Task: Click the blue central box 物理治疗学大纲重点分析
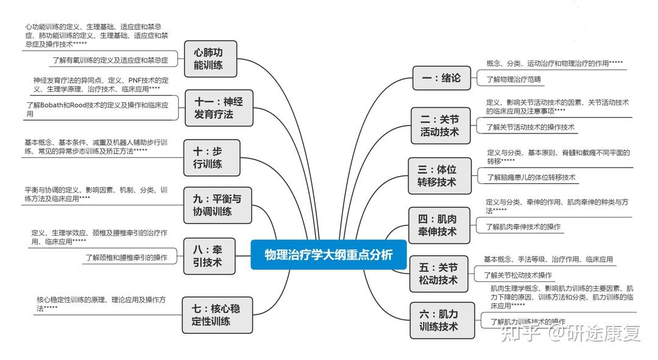328,255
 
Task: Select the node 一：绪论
442,78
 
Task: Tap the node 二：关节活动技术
440,126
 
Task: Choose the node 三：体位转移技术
439,176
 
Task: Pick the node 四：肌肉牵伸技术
439,225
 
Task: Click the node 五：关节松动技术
439,274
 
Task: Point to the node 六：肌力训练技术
442,320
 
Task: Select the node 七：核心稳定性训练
218,315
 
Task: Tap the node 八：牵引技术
209,256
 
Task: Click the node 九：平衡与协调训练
218,205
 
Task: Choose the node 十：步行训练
212,158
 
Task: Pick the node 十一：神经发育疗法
219,108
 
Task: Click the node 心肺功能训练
211,58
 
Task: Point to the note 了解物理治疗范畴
514,79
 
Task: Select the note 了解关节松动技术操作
518,275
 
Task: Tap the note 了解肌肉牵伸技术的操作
523,227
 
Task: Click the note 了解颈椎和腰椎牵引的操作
126,258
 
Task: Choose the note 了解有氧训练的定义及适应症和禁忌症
110,60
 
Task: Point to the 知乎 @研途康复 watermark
570,333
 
